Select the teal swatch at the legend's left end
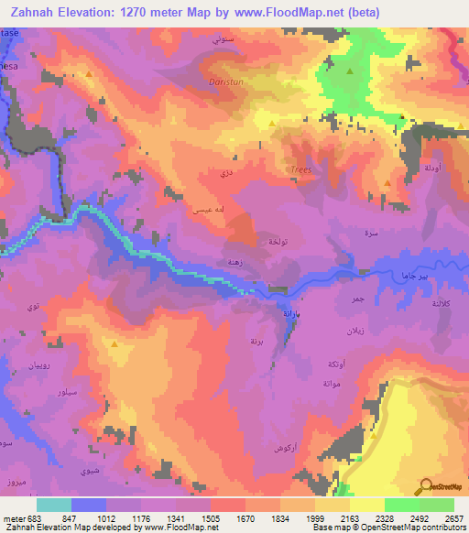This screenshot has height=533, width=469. (x=54, y=505)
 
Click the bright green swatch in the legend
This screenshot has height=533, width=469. (x=400, y=505)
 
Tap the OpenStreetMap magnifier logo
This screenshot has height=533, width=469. (x=427, y=487)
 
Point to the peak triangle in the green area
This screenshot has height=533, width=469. (x=350, y=70)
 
